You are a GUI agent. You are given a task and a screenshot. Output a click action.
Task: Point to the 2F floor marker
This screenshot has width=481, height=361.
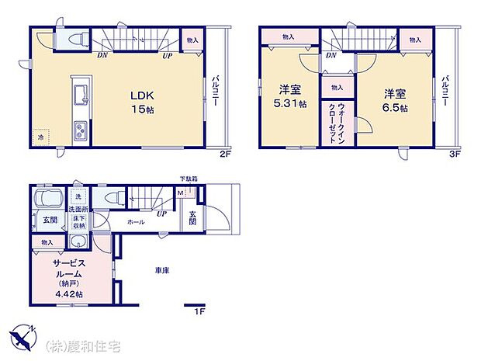tap(224, 154)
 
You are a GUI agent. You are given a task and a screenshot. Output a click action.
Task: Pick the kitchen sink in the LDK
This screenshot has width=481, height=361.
tap(81, 96)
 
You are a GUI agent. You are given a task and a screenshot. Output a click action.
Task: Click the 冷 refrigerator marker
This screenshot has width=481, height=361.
tap(40, 138)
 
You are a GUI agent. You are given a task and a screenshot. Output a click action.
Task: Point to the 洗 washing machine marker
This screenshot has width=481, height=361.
tap(78, 196)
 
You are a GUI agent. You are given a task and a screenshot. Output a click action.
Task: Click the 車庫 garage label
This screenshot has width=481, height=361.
tap(162, 270)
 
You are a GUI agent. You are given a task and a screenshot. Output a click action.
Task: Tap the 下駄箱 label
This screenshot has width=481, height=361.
tap(189, 179)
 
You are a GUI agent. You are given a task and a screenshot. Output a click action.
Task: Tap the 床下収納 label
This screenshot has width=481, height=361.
tap(79, 223)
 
